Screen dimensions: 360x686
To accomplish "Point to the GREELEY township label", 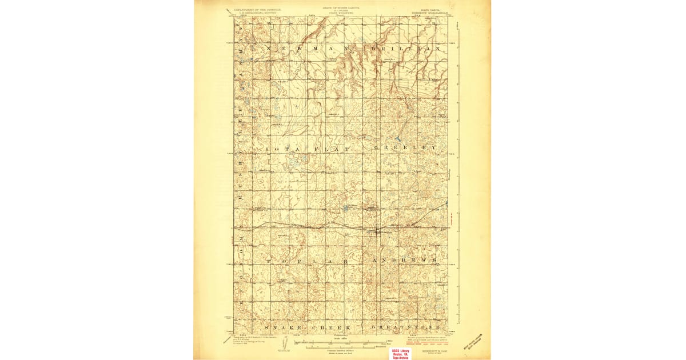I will pos(405,147).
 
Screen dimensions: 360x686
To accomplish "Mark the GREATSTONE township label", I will pos(406,327).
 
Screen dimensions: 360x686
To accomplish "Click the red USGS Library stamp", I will pos(401,354).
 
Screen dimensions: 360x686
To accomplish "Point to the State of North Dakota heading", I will pos(341,7).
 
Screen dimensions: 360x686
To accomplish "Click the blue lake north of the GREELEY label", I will pos(397,138).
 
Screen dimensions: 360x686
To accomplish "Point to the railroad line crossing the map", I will pos(320,227).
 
